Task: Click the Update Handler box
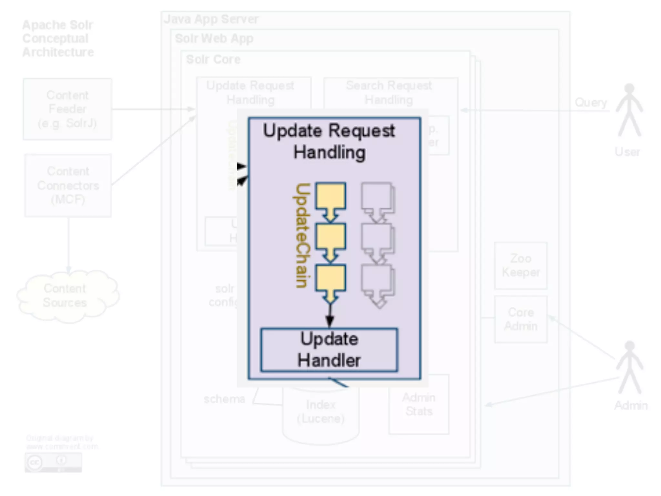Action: point(329,350)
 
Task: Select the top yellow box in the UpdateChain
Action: point(330,196)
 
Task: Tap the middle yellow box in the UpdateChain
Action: point(330,237)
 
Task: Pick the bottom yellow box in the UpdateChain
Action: point(330,278)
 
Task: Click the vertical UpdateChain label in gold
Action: point(302,235)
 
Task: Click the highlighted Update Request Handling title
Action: point(329,141)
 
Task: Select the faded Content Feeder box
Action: point(67,109)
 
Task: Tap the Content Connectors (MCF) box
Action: point(68,185)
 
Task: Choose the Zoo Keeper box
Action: point(521,265)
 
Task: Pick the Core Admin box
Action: point(521,319)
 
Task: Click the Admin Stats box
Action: point(419,404)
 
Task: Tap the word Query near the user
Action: point(591,102)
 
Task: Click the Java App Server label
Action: point(211,19)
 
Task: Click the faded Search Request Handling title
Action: point(389,92)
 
